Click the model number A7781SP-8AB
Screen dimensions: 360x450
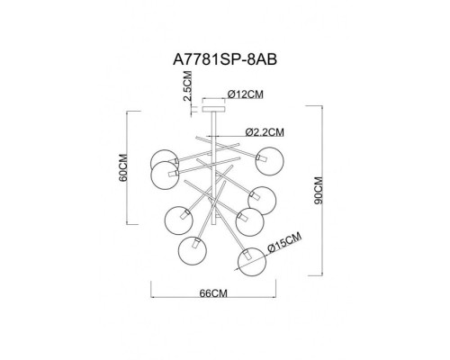(224, 58)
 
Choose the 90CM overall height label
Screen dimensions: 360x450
(330, 191)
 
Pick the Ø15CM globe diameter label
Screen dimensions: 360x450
(286, 240)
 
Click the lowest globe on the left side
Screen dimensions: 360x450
(192, 250)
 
